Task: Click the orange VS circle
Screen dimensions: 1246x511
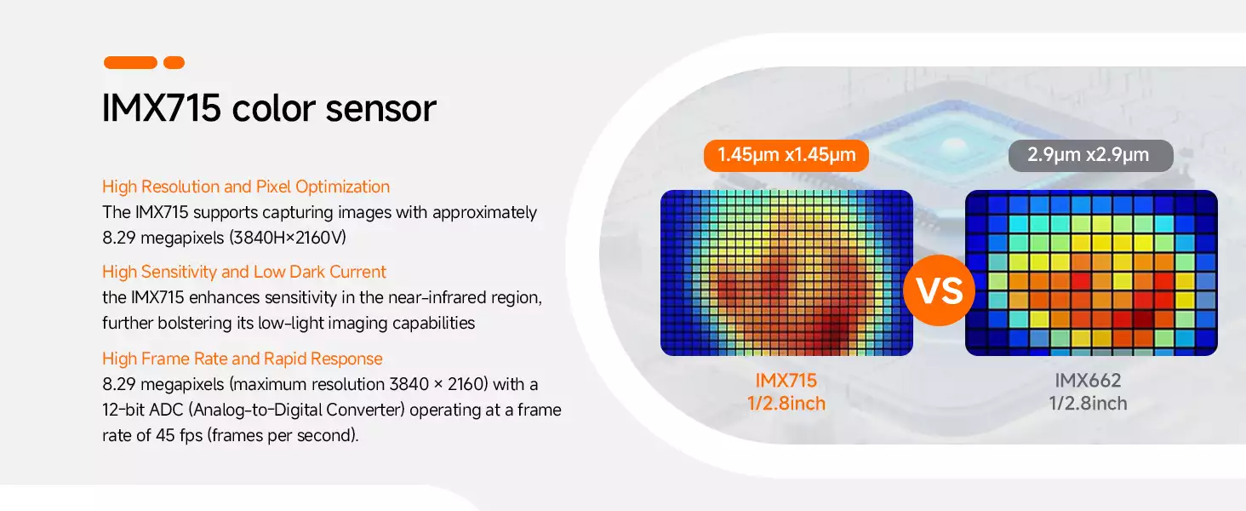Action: point(939,290)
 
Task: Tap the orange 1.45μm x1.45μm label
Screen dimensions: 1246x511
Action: point(786,155)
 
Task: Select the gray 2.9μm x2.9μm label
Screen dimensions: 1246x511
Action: point(1091,155)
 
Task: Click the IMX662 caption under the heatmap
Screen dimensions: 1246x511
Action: point(1088,380)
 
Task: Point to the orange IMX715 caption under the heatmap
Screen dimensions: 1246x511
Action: point(786,380)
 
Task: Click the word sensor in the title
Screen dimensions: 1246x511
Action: point(380,108)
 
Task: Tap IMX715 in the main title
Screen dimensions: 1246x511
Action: point(162,108)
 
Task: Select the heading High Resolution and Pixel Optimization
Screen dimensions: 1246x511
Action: point(246,187)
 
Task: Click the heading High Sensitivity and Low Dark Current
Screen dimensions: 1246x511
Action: point(243,272)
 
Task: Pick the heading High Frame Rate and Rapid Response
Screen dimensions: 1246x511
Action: point(243,359)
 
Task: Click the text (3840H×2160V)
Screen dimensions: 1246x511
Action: point(288,238)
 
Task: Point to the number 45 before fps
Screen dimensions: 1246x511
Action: point(165,435)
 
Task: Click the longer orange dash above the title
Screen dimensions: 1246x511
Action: point(131,62)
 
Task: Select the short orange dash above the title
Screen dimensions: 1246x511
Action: point(174,62)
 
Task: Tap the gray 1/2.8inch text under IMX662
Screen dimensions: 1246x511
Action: point(1088,403)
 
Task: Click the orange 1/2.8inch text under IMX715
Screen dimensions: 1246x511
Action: point(786,403)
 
